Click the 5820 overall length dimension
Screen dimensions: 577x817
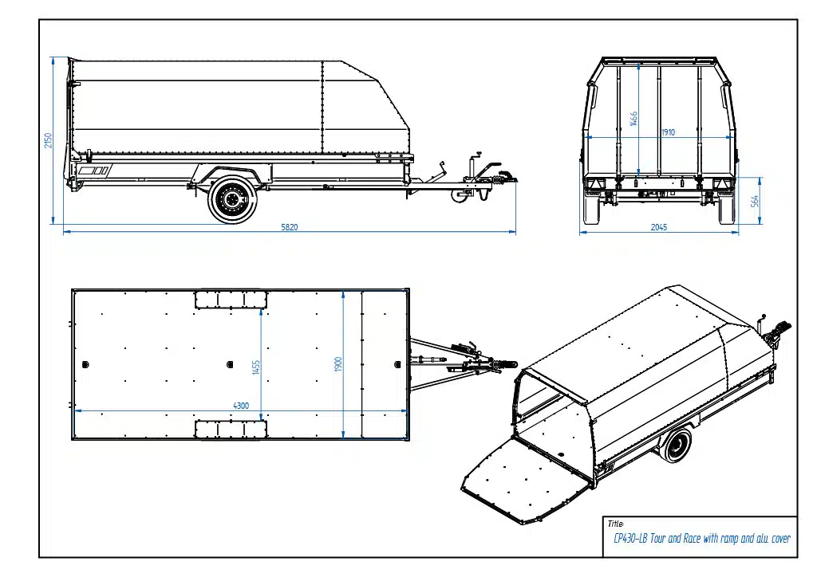[289, 227]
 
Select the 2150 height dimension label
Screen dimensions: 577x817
[49, 140]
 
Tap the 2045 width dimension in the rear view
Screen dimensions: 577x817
[658, 228]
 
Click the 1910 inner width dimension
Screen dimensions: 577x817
[668, 132]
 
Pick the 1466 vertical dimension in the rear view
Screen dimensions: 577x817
[634, 119]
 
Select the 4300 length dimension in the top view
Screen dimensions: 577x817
[240, 406]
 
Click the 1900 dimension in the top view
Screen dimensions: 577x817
[338, 365]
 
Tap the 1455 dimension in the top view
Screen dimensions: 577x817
[256, 367]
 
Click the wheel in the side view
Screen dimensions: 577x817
[233, 198]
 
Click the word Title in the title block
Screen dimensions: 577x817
[614, 524]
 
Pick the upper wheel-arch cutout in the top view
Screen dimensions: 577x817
[231, 299]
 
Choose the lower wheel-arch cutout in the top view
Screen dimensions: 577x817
[231, 429]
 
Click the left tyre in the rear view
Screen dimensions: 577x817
[591, 209]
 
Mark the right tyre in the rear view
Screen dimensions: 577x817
[727, 209]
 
